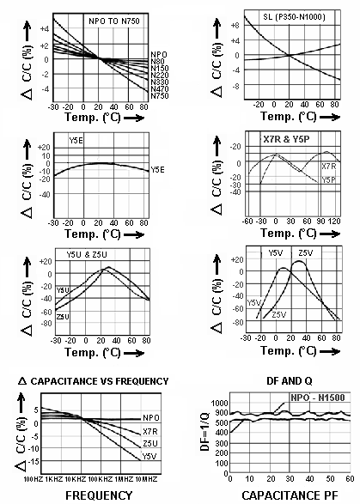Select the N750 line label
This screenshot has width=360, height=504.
159,95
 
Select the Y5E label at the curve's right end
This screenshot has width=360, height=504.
158,168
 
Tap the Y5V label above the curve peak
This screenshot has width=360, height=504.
274,253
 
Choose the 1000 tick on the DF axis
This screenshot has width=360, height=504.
218,402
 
